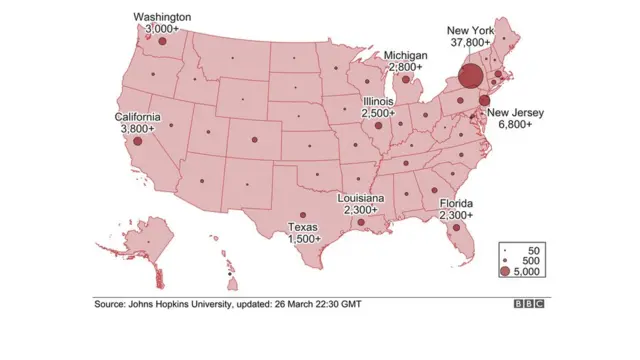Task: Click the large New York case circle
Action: [x=470, y=77]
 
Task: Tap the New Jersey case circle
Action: [x=484, y=101]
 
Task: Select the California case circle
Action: [x=138, y=141]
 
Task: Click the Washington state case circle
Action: [x=162, y=41]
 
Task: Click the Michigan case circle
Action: [x=406, y=78]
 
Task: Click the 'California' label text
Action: [x=137, y=116]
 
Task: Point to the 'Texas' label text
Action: [x=303, y=227]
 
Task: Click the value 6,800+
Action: [x=513, y=126]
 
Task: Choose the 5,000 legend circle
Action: [x=507, y=272]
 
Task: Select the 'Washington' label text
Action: [x=163, y=17]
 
